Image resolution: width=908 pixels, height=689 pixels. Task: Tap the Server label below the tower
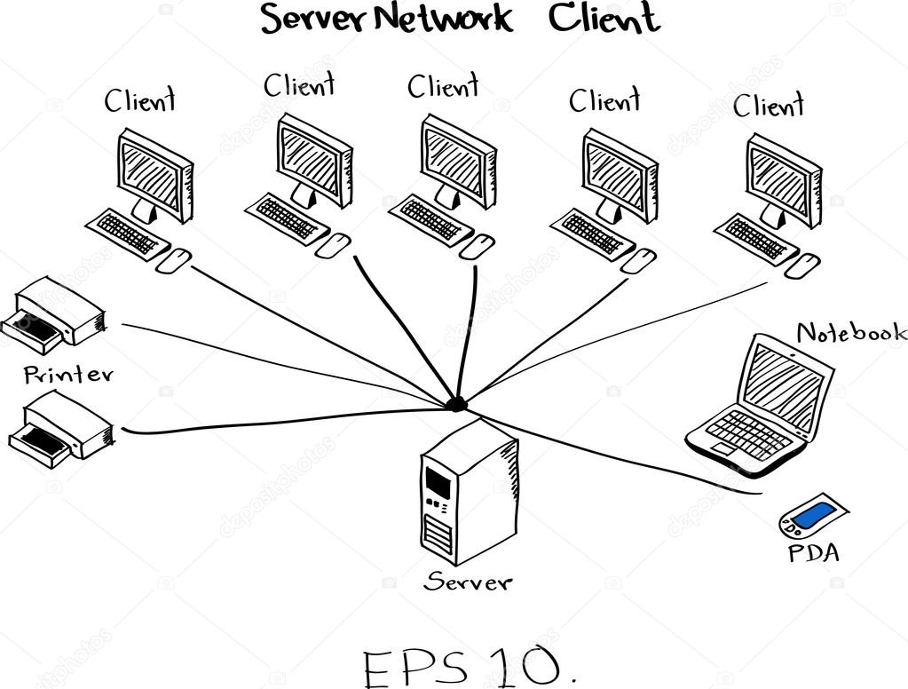click(468, 582)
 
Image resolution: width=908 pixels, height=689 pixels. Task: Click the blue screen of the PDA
click(814, 514)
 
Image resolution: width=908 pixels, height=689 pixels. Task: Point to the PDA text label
click(813, 554)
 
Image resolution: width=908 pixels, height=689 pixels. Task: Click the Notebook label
click(851, 333)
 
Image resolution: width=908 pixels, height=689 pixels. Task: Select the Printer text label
click(68, 374)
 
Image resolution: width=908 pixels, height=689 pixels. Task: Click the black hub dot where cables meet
click(456, 404)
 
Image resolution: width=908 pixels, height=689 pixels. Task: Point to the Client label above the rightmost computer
click(768, 107)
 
